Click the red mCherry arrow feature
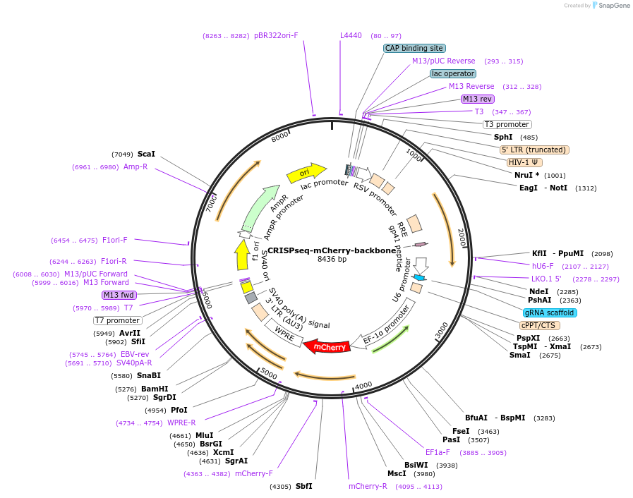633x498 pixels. coord(330,346)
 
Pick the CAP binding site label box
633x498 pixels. coord(414,49)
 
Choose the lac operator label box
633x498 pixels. coord(453,73)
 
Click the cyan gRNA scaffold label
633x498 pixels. coord(550,312)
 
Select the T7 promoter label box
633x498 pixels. coord(117,320)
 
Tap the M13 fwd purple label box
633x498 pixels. coord(119,295)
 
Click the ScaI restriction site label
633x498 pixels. coord(147,154)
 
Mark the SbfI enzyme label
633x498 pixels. coord(303,486)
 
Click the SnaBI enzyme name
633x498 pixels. coord(149,375)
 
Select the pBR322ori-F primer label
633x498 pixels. coord(276,35)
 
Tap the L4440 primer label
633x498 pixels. coord(351,35)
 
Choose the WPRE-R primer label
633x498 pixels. coord(181,423)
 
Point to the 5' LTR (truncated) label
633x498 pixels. coord(534,150)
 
